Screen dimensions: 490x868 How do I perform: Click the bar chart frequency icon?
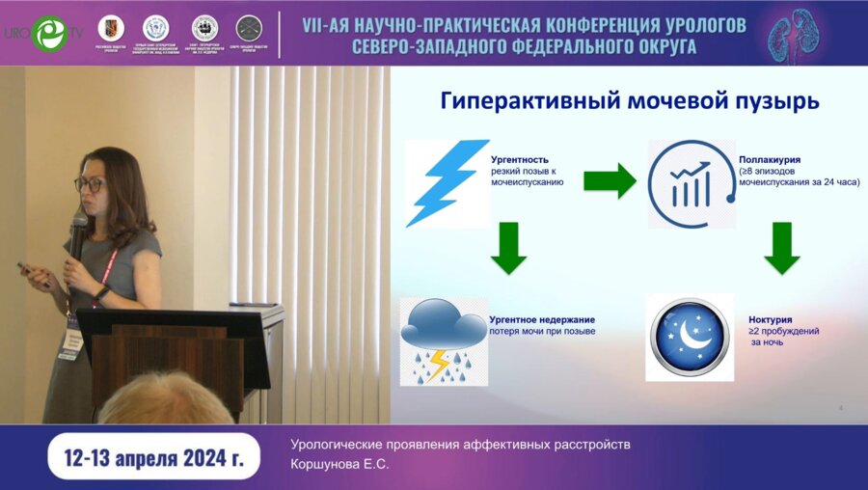(x=690, y=183)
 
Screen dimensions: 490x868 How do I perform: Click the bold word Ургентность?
(x=520, y=158)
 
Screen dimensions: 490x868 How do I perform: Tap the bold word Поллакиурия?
(x=770, y=158)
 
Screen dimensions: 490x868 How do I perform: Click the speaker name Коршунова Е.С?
(x=339, y=463)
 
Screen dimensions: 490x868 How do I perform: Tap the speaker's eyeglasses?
(x=89, y=183)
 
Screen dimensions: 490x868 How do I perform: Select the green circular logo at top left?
(x=47, y=33)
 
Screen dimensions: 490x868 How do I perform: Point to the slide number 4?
(x=840, y=409)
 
